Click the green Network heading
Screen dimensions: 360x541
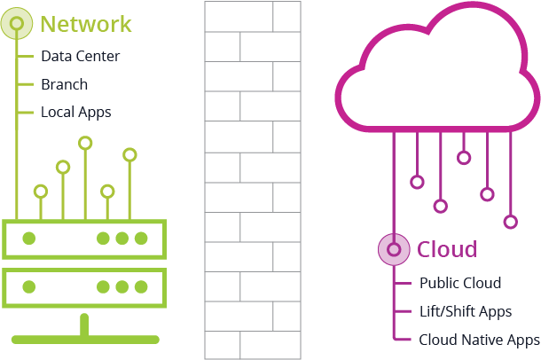(x=86, y=24)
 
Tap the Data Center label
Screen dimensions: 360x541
(x=80, y=56)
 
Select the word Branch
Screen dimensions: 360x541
(x=64, y=84)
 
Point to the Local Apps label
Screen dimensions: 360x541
(x=75, y=113)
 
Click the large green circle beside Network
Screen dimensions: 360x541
(x=19, y=22)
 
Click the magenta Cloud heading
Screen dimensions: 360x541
(x=447, y=249)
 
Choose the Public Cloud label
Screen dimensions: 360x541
(x=460, y=283)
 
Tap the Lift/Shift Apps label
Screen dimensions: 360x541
(x=466, y=311)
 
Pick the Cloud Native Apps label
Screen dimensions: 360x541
(x=479, y=340)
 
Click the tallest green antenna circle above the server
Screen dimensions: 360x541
(x=85, y=142)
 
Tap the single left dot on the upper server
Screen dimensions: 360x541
(x=29, y=238)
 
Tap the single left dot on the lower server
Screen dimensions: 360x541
(x=29, y=286)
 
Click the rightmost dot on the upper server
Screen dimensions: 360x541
(x=140, y=238)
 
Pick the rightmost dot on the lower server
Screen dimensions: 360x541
(x=140, y=286)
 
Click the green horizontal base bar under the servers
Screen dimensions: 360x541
(x=85, y=338)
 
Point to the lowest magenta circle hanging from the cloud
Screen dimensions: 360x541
(x=510, y=221)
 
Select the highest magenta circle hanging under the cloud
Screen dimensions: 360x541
(x=463, y=158)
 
